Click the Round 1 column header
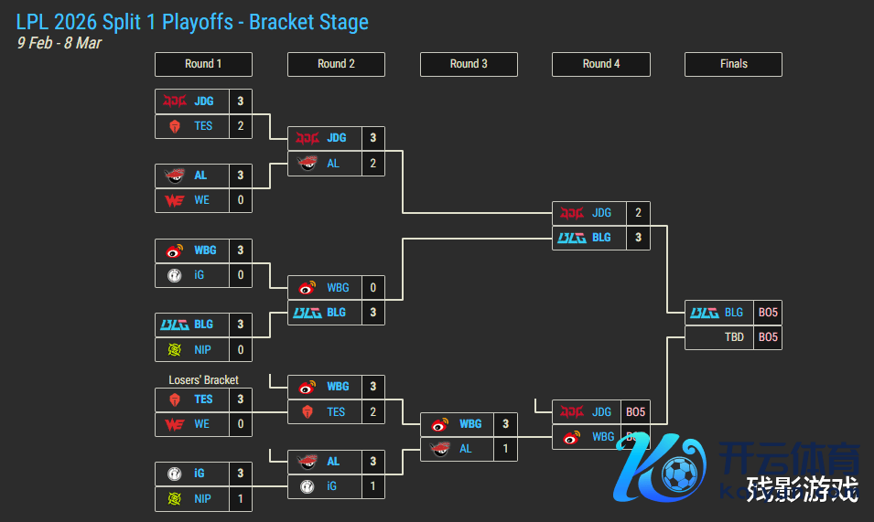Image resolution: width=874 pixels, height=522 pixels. click(x=203, y=64)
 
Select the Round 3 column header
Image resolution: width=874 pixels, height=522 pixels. click(x=469, y=64)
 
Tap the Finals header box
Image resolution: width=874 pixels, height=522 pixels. click(x=733, y=64)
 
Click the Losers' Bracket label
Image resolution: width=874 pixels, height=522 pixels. click(x=203, y=379)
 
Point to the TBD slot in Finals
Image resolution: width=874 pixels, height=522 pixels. click(x=734, y=337)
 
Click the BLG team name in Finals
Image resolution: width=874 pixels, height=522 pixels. click(x=734, y=313)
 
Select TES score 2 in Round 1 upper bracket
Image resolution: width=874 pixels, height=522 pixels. click(x=241, y=126)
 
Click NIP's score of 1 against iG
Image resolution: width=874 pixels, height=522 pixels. click(x=241, y=498)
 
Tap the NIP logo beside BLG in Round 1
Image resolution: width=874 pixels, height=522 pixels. click(x=174, y=349)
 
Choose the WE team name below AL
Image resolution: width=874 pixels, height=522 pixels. click(x=201, y=200)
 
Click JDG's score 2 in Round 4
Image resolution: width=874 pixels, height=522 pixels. click(x=638, y=213)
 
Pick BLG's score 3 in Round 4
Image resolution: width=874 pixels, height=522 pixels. click(x=638, y=238)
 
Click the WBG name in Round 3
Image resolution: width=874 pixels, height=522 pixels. click(x=470, y=424)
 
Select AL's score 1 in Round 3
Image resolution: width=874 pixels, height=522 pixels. click(x=506, y=449)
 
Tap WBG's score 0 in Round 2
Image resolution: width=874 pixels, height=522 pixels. click(x=373, y=288)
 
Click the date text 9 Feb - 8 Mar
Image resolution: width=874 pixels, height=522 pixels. click(x=59, y=43)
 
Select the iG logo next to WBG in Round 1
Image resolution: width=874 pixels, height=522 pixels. click(x=174, y=274)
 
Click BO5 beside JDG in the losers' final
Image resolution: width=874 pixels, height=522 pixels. click(x=635, y=412)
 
